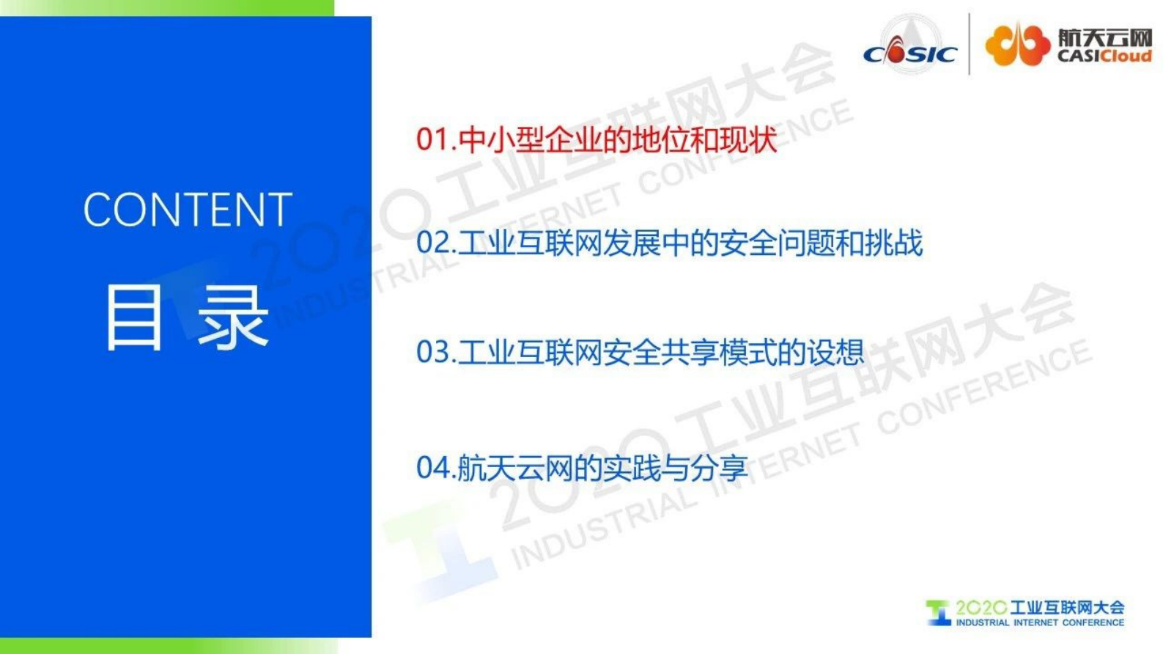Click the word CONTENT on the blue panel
coord(188,210)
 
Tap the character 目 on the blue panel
coord(133,317)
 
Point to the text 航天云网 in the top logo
coord(1104,37)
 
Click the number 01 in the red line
coord(432,139)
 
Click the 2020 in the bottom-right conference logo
coord(981,608)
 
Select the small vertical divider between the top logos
coord(970,44)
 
